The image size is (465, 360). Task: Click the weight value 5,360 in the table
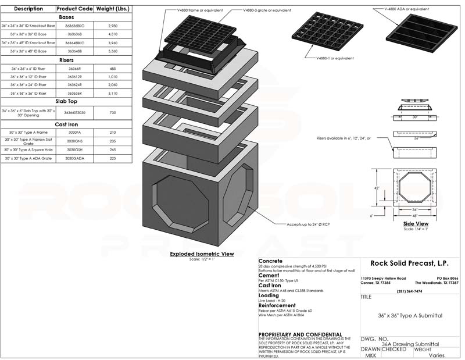point(113,51)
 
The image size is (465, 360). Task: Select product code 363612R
point(74,76)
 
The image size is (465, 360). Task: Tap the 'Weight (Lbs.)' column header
point(113,9)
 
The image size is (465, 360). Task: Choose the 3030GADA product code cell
point(74,158)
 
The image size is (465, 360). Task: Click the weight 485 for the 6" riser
point(113,68)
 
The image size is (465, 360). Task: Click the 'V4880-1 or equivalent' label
point(334,59)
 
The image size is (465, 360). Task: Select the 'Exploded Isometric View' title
point(202,254)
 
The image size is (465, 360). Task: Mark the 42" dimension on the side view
point(376,188)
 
